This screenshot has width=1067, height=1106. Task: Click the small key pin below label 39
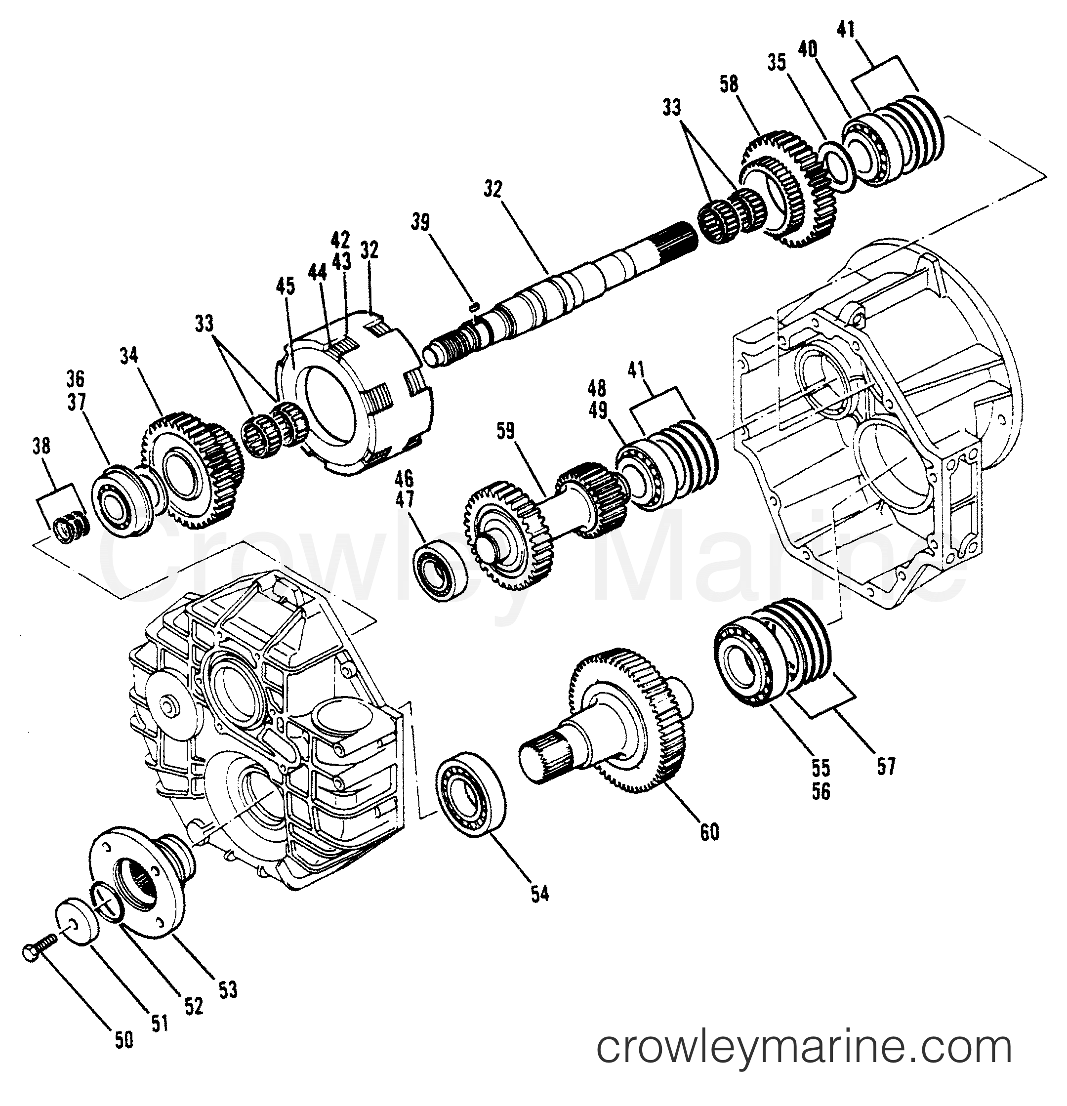pyautogui.click(x=475, y=306)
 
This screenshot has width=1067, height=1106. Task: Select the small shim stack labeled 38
pyautogui.click(x=69, y=528)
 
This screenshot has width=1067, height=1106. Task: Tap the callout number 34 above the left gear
pyautogui.click(x=128, y=357)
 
